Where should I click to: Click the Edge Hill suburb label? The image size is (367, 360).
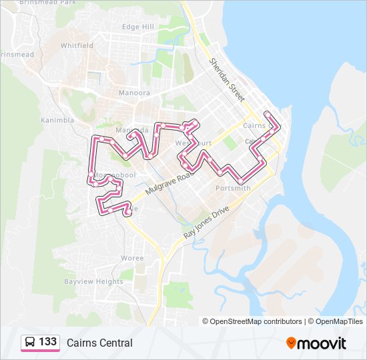tap(138, 27)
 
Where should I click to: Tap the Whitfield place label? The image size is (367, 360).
tap(77, 45)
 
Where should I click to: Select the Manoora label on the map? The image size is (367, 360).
tap(133, 93)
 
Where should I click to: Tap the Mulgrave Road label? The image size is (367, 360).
tap(167, 181)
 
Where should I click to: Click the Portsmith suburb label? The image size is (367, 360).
tap(233, 188)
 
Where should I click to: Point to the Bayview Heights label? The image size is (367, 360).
tap(93, 281)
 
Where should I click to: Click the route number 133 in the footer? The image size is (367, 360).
tap(47, 342)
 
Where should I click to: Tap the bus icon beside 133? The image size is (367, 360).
tap(30, 343)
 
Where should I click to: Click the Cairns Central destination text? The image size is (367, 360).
tap(99, 343)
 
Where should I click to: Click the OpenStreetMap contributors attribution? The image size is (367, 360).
tap(252, 321)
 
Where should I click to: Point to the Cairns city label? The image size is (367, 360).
tap(254, 125)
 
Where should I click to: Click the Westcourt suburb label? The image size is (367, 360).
tap(194, 143)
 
